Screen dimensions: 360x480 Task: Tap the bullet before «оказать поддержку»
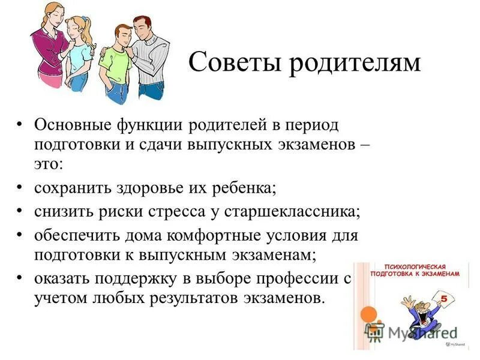pos(20,278)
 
